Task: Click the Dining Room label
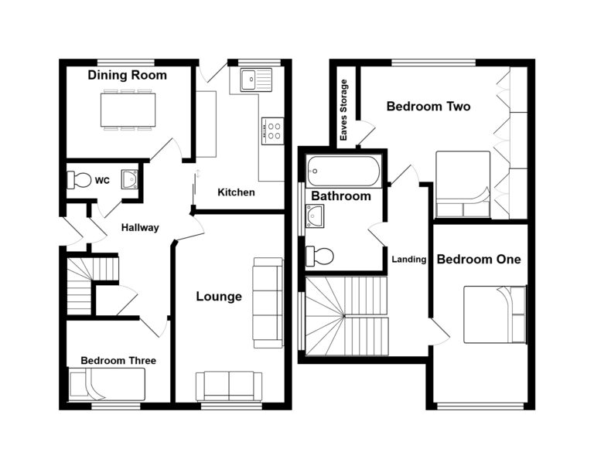128,75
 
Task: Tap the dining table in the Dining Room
128,110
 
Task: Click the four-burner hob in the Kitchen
272,131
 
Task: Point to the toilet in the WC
79,180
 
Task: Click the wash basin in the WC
130,179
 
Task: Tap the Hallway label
140,227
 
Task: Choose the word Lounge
219,297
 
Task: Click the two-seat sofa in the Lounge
229,386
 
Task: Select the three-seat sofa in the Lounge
268,303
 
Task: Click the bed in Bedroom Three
106,384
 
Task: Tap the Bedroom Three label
118,360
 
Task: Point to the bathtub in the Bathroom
343,172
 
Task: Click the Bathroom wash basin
315,216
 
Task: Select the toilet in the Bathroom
319,257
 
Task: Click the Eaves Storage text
343,110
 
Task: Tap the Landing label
408,260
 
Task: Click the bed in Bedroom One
495,314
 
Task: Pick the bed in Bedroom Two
463,185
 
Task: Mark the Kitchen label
236,192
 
